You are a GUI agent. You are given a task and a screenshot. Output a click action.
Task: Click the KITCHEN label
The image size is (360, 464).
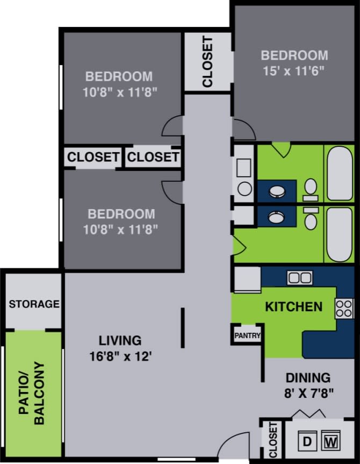(293, 307)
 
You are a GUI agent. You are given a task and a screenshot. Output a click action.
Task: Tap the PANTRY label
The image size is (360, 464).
(247, 336)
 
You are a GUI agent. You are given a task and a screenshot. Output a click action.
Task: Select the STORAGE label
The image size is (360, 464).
(33, 304)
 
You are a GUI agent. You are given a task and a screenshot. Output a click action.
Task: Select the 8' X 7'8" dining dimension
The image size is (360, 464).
(308, 392)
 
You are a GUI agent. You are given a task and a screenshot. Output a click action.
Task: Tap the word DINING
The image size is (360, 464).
(308, 377)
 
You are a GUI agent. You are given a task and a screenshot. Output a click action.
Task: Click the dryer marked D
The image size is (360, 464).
(307, 442)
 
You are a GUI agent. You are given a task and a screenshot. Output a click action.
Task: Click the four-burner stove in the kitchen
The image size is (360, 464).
(344, 309)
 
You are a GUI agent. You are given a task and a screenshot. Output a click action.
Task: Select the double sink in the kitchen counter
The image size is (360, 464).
(300, 277)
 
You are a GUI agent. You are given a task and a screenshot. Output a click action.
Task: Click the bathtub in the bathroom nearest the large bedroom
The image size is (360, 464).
(340, 173)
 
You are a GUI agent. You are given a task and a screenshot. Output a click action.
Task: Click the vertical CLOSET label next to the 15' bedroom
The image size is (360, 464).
(207, 62)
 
